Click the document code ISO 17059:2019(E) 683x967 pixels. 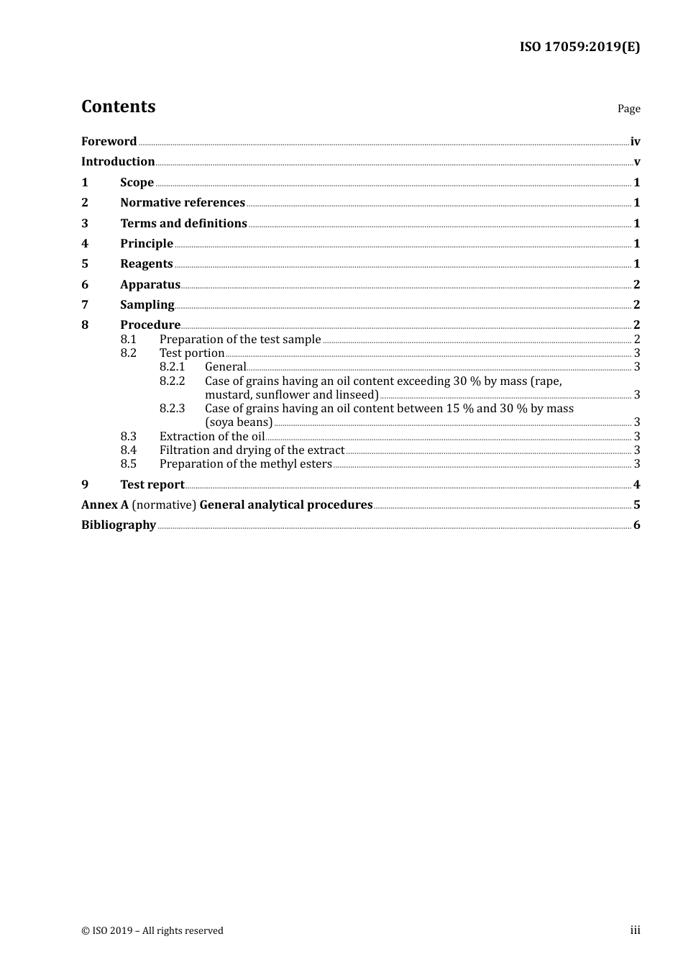[579, 47]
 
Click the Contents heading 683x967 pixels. [118, 106]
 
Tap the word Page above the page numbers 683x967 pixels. [628, 109]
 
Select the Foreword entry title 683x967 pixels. [109, 141]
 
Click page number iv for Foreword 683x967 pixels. [635, 142]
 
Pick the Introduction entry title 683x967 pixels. [118, 162]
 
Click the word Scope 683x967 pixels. [137, 183]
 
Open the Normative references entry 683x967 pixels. [183, 203]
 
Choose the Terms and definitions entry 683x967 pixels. [183, 224]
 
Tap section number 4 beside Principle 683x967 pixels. [85, 244]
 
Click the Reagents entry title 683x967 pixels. [146, 264]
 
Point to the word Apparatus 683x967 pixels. [150, 285]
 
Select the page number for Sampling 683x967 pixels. [636, 305]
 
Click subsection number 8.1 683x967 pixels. [128, 339]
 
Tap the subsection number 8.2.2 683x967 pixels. [172, 381]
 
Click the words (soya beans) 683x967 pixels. [239, 422]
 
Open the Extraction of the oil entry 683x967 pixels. [212, 437]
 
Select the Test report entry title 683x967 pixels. [152, 485]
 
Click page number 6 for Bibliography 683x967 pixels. [636, 525]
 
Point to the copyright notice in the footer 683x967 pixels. [152, 931]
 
